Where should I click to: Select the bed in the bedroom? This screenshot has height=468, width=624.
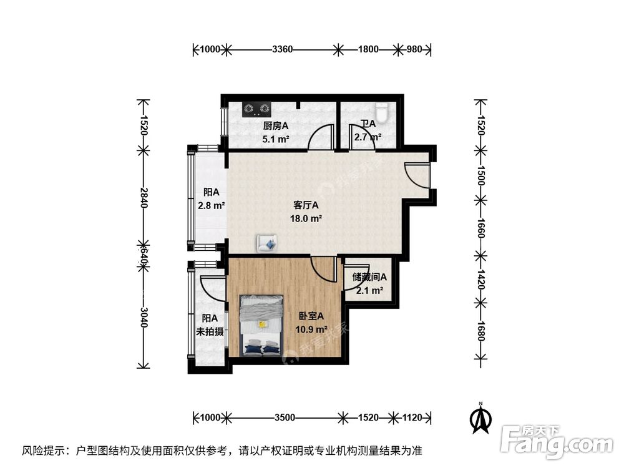click(262, 325)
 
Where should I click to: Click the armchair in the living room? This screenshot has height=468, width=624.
click(266, 243)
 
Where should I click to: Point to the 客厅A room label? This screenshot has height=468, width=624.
click(306, 205)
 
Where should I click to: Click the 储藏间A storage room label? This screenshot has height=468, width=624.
click(369, 277)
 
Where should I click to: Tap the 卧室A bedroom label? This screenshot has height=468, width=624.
click(310, 316)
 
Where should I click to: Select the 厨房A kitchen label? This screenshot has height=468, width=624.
click(275, 125)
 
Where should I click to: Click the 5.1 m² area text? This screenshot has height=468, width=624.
click(275, 139)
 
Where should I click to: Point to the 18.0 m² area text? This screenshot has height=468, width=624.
click(306, 218)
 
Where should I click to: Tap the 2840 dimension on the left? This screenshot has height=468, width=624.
click(144, 198)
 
